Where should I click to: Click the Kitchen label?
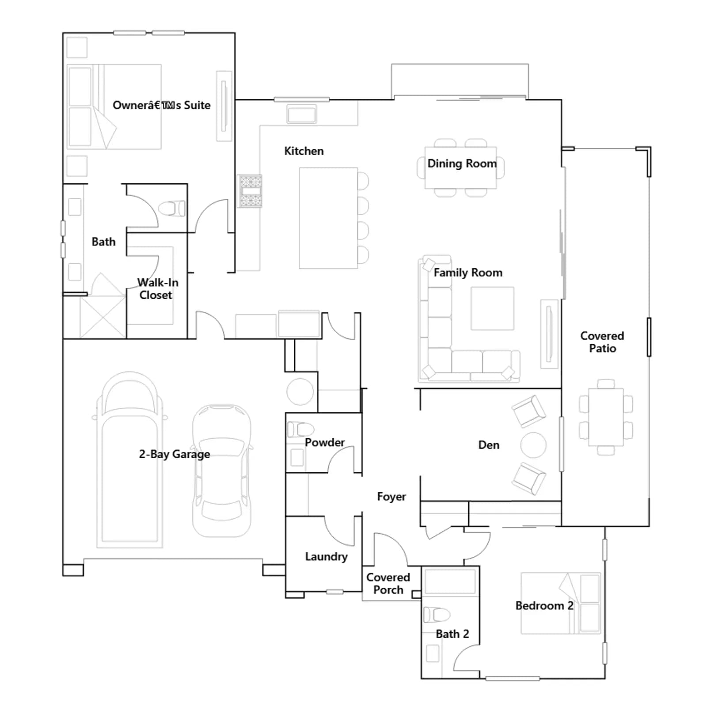point(304,151)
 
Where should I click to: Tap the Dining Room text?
point(462,163)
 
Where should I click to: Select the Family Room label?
point(468,273)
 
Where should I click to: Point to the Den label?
point(489,445)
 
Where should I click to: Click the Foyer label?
point(392,497)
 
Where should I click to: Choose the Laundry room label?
point(326,557)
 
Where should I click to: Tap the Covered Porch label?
point(388,583)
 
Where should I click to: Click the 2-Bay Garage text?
point(175,454)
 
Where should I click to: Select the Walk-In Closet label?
point(157,289)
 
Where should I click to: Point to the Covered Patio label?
point(602,342)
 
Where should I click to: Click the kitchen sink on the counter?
point(302,114)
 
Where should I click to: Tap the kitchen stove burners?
point(251,191)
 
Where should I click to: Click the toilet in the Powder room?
point(300,429)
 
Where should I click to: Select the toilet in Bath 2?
point(437,615)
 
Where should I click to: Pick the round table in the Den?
point(533,445)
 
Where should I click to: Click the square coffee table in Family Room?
point(492,308)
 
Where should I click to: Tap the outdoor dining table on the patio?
point(606,417)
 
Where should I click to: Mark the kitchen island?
point(328,218)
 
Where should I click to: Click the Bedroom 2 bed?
point(561,603)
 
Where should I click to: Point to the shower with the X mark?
point(103,317)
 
